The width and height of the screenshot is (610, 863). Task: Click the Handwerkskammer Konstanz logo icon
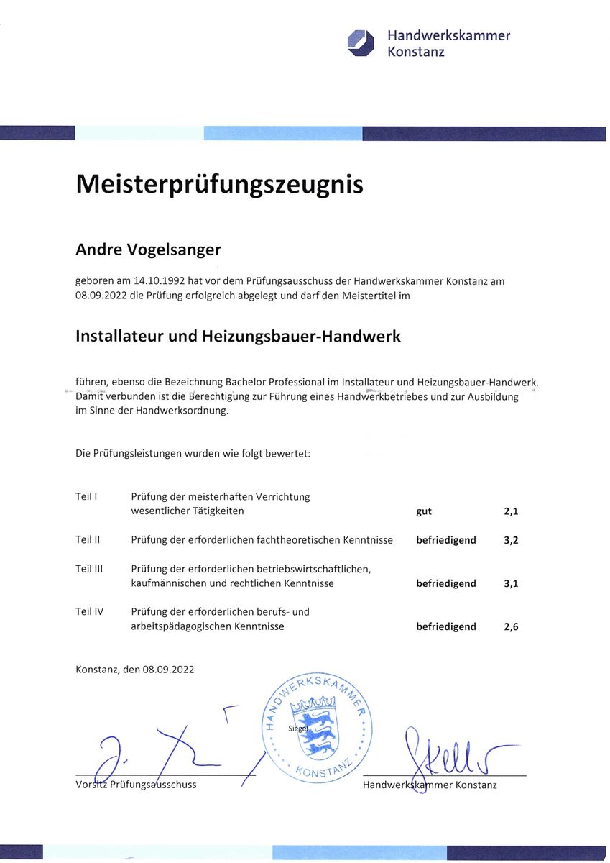point(361,42)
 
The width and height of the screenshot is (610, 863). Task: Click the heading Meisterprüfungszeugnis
point(219,185)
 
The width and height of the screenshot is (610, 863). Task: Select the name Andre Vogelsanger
point(148,250)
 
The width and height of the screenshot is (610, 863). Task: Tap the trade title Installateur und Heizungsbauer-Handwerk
point(238,336)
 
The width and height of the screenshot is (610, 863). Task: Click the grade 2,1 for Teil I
point(511,512)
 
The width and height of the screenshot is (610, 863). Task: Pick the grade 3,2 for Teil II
point(511,540)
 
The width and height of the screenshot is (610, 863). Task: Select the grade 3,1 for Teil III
point(511,583)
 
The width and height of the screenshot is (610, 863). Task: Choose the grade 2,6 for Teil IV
point(511,626)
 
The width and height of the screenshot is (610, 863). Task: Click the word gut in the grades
point(424,512)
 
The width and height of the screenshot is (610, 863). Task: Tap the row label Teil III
point(89,569)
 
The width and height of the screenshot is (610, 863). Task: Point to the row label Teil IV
point(89,612)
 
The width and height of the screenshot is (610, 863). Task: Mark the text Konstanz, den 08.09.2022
point(134,670)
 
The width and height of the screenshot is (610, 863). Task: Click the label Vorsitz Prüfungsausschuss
point(136,785)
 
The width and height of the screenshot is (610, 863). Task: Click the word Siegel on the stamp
point(297,728)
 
